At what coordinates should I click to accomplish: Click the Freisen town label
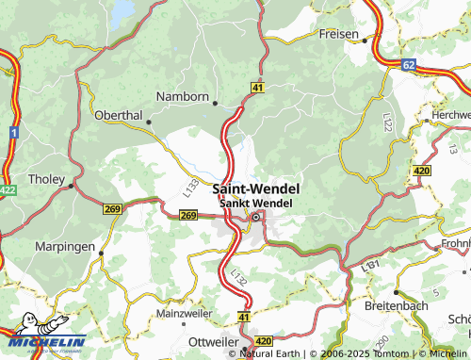pos(339,34)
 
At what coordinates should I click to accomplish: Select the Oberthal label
pos(118,115)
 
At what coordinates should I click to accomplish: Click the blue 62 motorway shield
pos(408,65)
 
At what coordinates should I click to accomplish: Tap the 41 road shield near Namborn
pos(257,87)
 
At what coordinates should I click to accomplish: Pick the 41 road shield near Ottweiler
pos(244,319)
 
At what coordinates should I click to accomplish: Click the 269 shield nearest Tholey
pos(114,209)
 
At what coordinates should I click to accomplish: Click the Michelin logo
pos(43,341)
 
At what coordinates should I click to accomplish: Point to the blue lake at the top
pos(122,11)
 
